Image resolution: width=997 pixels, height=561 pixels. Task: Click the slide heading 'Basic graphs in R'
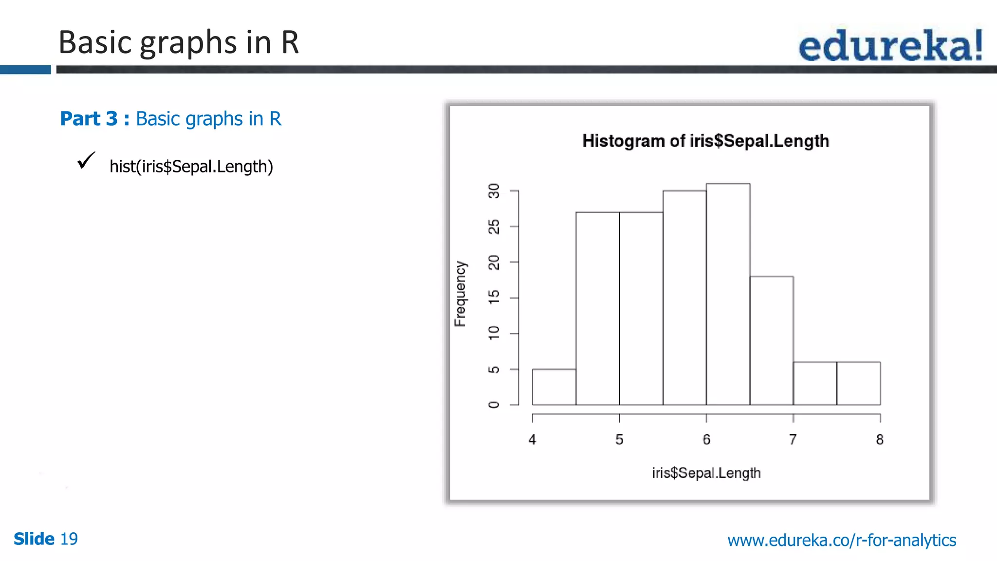tap(178, 42)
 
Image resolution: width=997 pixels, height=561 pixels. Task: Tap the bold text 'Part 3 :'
tap(94, 119)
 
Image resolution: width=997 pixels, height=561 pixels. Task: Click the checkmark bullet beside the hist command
tap(86, 161)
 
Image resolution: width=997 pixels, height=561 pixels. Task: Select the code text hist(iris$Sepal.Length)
tap(191, 167)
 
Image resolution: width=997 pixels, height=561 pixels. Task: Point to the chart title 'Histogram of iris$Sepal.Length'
tap(705, 141)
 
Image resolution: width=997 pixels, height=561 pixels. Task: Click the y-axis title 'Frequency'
tap(460, 294)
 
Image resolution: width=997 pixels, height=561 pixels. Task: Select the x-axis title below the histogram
tap(706, 473)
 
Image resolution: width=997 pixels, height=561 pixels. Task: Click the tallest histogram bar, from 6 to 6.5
tap(728, 294)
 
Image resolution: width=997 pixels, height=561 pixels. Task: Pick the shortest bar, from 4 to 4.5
tap(554, 387)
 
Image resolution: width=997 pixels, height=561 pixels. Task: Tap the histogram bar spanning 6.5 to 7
tap(771, 341)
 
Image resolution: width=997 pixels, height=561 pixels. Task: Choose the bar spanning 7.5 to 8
tap(858, 384)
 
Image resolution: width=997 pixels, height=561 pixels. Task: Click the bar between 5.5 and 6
tap(684, 298)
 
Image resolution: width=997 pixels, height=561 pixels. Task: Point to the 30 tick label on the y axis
tap(494, 191)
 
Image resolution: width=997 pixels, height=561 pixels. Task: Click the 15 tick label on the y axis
tap(494, 297)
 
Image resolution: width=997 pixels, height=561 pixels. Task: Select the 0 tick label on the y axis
tap(494, 405)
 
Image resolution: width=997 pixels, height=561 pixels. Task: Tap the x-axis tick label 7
tap(793, 440)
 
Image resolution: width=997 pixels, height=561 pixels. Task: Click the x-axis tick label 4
tap(532, 440)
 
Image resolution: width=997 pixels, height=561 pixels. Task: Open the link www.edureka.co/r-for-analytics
tap(842, 540)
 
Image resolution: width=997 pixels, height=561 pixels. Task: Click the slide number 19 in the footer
tap(69, 539)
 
